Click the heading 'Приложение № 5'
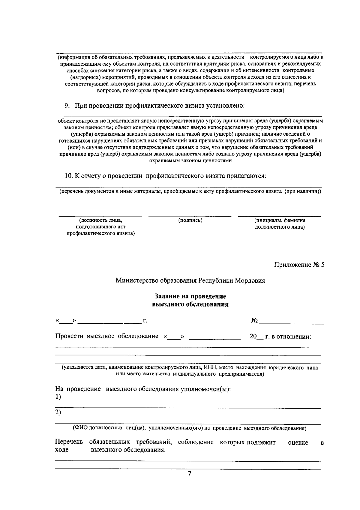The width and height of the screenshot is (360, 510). pos(299,265)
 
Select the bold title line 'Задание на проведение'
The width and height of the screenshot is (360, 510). pos(190,296)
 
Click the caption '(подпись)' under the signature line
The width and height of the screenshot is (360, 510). pos(190,220)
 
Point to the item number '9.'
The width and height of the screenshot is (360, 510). pos(67,106)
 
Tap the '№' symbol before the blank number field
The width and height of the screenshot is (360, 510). pos(254,321)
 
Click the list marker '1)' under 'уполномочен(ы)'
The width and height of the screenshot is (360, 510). pos(58,397)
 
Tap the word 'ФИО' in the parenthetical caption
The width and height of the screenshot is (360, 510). pos(80,428)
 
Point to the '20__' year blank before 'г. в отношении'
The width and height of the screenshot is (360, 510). pos(254,337)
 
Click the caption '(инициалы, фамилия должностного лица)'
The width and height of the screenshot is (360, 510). pos(280,224)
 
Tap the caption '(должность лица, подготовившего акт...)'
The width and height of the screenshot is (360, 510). pos(100,227)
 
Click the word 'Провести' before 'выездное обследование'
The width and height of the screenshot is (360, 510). pos(69,336)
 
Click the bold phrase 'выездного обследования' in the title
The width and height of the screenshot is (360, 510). pos(190,304)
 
